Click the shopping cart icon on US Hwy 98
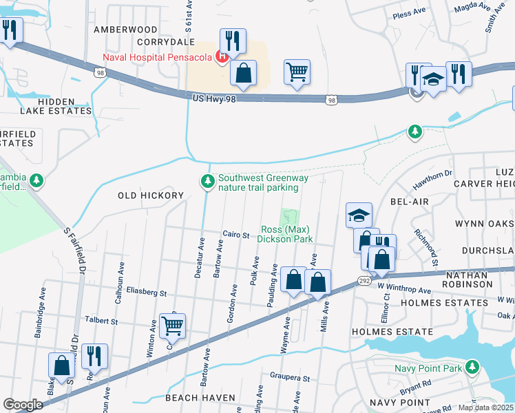pos(297,72)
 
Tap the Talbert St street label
pos(101,320)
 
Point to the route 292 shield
pos(365,281)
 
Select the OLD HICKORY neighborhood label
pos(151,195)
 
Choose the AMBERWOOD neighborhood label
pos(125,30)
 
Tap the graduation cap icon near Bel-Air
pos(359,215)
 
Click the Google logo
pos(23,405)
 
